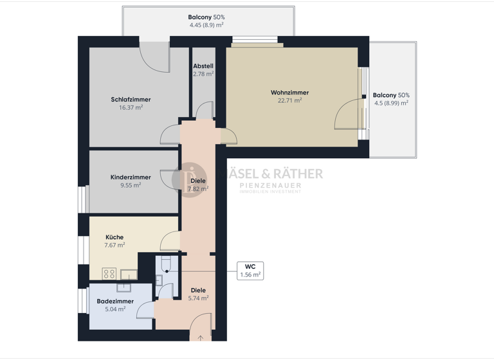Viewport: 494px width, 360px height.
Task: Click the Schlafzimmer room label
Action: [131, 100]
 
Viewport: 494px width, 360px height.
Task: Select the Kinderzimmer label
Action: [131, 177]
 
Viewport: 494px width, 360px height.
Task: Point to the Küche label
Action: [114, 237]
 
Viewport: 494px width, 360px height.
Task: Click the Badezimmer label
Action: [115, 301]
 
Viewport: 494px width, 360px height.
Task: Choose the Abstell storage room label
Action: [203, 66]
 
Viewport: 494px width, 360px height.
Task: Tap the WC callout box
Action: [250, 270]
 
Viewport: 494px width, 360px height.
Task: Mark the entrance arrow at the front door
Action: [201, 337]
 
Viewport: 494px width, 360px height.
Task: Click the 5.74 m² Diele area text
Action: [198, 298]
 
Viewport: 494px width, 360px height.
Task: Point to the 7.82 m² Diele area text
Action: [198, 189]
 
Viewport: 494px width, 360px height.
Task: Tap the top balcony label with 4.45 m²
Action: [206, 21]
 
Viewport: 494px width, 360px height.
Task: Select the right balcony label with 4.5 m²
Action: [391, 99]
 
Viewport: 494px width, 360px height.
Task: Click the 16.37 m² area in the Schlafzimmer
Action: [131, 107]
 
